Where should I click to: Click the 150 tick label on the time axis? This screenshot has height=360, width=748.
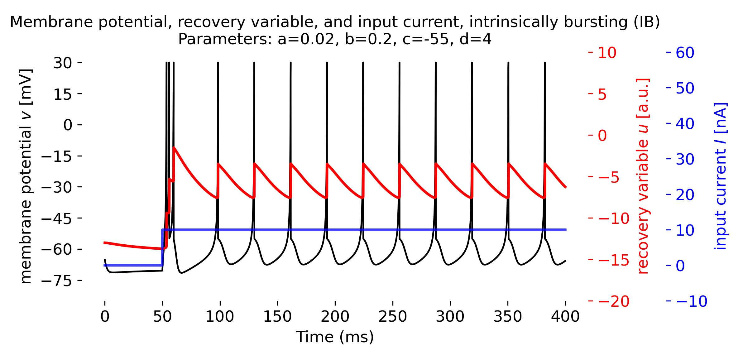[x=277, y=317]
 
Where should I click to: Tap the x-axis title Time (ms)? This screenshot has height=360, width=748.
[x=335, y=337]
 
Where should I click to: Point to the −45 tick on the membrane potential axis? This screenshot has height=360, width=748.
[x=56, y=219]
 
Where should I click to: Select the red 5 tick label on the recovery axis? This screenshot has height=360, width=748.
[x=602, y=94]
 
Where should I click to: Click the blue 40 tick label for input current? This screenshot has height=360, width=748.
[x=685, y=124]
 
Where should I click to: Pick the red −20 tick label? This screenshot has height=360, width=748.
[x=614, y=301]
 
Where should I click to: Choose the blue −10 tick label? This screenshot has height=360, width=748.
[x=692, y=301]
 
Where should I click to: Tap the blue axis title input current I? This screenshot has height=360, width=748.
[x=720, y=176]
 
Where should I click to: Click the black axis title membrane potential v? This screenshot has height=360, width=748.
[x=26, y=176]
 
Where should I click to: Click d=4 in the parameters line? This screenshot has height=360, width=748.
[x=476, y=40]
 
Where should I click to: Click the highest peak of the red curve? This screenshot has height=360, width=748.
[x=174, y=147]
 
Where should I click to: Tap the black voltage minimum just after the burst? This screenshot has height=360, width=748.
[x=181, y=273]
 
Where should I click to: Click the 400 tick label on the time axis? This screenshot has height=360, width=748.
[x=565, y=317]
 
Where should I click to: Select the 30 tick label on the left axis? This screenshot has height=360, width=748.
[x=63, y=63]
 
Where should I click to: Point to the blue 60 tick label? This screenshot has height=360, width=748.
[x=685, y=53]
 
